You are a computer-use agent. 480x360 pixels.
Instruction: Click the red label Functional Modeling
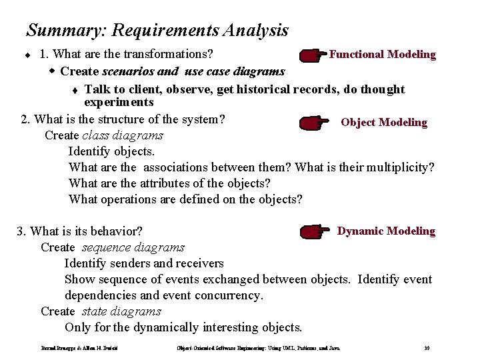pyautogui.click(x=383, y=55)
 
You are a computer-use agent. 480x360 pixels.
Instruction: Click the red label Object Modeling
pyautogui.click(x=383, y=123)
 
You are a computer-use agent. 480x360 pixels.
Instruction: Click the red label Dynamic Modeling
pyautogui.click(x=386, y=231)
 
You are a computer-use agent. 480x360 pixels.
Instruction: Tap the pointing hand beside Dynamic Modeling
pyautogui.click(x=316, y=232)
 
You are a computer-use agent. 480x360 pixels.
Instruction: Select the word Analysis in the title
pyautogui.click(x=257, y=31)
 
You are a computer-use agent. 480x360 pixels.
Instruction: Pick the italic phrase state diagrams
pyautogui.click(x=122, y=311)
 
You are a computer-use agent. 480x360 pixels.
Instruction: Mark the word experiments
pyautogui.click(x=119, y=103)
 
